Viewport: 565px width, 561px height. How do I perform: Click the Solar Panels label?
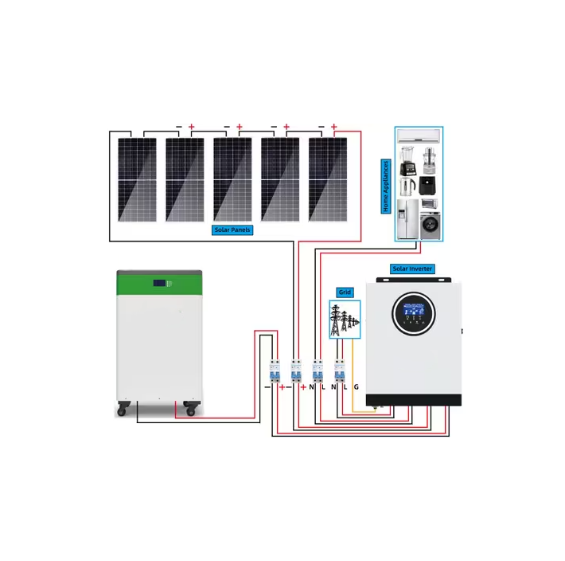coord(233,230)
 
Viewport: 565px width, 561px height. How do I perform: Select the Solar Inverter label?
coord(412,269)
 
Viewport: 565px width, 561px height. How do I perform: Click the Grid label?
coord(345,292)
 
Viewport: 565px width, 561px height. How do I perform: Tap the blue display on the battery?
coord(162,282)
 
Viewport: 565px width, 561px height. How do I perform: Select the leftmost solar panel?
coord(137,179)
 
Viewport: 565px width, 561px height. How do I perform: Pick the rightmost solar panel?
coord(328,179)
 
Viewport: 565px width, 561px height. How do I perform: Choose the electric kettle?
coord(407,186)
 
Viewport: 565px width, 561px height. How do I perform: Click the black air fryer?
coord(430,186)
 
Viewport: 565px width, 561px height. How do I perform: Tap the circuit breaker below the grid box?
coord(341,371)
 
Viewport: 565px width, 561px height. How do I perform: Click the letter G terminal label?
coord(356,386)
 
